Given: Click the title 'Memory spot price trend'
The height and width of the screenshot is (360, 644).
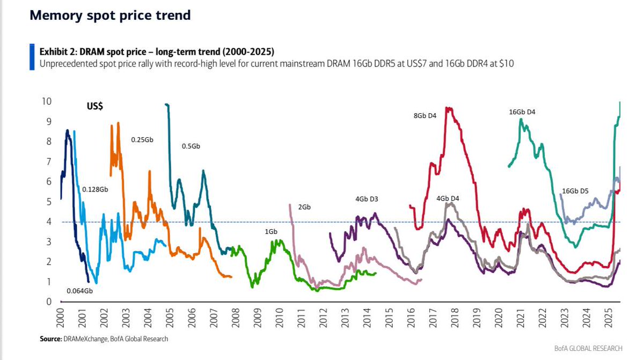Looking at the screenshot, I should (110, 16).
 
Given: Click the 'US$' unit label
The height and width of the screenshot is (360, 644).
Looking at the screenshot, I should (95, 106).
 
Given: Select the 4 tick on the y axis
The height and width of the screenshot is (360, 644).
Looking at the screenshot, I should (49, 222).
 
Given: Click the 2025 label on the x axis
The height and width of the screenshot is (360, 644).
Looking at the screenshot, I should (608, 320).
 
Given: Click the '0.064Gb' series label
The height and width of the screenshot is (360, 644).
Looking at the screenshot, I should (79, 291).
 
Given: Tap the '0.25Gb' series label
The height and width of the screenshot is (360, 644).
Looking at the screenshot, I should (142, 139).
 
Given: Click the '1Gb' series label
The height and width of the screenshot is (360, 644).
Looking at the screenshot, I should (270, 231).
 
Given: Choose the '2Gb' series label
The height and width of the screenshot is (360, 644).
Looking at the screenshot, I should (304, 207).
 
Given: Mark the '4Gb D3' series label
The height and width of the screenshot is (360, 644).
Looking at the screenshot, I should (367, 199).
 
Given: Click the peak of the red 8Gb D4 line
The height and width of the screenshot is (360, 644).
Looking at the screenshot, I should (448, 108).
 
